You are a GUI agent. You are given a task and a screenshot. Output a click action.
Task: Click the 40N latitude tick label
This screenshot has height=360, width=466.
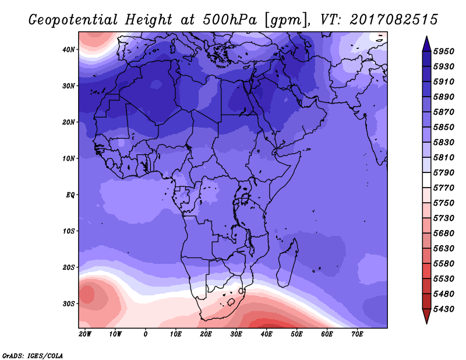(69, 50)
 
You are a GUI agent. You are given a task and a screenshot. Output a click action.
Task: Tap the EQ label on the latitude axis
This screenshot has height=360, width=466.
(70, 195)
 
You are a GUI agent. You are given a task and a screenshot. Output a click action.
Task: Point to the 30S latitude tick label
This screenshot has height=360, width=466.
(69, 303)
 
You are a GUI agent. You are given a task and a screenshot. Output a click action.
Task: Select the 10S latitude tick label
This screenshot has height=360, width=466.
(69, 231)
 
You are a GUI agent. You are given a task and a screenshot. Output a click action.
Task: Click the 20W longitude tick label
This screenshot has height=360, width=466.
(85, 334)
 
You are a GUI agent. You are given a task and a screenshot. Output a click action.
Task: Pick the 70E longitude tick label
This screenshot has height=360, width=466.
(358, 334)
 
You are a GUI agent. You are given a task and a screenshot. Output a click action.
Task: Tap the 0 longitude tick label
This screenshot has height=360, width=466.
(146, 334)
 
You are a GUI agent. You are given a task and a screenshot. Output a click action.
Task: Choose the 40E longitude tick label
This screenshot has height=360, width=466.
(267, 334)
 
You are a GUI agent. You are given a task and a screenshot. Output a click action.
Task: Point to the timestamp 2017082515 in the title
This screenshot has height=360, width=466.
(394, 19)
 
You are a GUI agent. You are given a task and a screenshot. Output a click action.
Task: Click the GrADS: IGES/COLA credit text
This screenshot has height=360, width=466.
(33, 355)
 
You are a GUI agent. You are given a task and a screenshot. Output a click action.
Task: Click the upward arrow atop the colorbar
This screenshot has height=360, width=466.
(426, 43)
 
